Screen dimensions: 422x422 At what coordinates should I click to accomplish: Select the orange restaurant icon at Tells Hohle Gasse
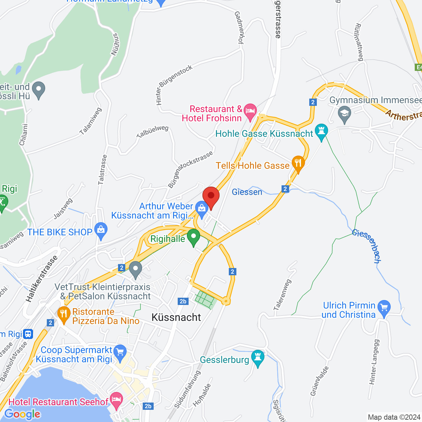[x=298, y=163]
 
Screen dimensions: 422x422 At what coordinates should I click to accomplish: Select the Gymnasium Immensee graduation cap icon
[x=345, y=114]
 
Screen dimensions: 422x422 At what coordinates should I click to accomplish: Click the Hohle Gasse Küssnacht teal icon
[x=321, y=131]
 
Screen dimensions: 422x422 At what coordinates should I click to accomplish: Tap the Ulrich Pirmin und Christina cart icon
[x=384, y=308]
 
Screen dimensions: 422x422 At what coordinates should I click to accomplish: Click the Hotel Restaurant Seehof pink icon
[x=116, y=400]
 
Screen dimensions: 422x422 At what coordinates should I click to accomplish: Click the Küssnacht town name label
[x=176, y=317]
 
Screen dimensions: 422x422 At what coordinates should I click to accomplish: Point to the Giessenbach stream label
[x=367, y=246]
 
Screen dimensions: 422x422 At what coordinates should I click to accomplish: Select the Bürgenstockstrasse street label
[x=190, y=170]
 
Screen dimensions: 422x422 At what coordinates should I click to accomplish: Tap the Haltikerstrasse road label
[x=42, y=279]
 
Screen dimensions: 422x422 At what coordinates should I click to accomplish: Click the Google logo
[x=22, y=414]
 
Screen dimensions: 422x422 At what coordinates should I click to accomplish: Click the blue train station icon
[x=28, y=334]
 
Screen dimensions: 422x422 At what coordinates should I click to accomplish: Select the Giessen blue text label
[x=247, y=192]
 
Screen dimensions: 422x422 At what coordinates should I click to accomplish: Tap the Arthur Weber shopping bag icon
[x=201, y=208]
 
